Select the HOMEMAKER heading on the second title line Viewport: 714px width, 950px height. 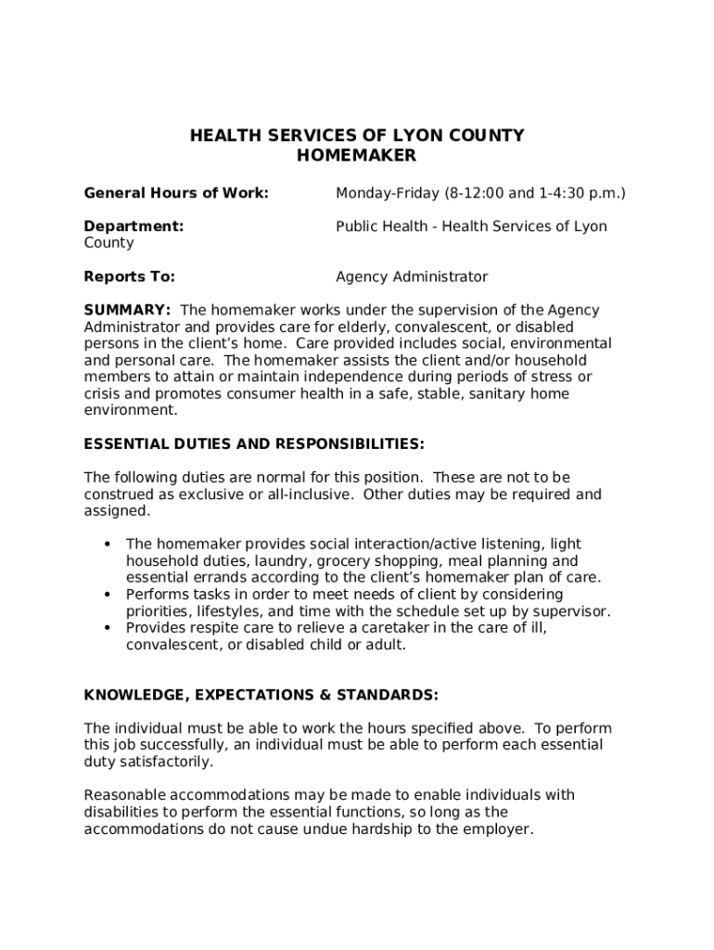tap(357, 156)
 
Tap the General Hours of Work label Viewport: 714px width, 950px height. tap(176, 193)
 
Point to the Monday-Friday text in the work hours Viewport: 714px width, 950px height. tap(387, 193)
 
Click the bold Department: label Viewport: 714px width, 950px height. tap(134, 226)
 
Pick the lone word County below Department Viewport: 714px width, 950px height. tap(108, 243)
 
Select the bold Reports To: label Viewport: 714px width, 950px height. tap(130, 276)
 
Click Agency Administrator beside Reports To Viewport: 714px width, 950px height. tap(411, 276)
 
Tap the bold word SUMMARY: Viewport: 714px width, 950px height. tap(127, 310)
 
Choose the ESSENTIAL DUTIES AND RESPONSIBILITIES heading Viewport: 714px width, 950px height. tap(254, 444)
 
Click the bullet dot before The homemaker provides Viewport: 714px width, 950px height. tap(108, 544)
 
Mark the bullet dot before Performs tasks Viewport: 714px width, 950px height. tap(108, 594)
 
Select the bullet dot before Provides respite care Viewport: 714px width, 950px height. tap(108, 627)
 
